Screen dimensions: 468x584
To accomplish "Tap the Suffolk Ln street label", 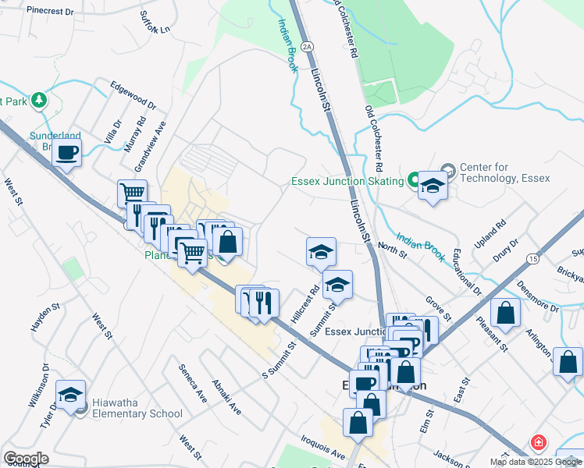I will [154, 22].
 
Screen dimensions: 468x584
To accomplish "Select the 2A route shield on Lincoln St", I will [308, 47].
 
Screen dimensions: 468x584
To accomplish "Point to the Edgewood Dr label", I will [133, 96].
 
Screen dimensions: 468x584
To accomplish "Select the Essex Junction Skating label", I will [347, 181].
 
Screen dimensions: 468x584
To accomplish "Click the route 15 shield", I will [533, 257].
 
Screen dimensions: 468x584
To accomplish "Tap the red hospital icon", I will [538, 442].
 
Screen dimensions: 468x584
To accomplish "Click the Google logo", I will [26, 458].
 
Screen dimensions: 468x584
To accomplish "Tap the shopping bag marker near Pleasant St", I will [506, 313].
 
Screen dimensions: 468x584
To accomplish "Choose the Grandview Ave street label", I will [151, 146].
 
